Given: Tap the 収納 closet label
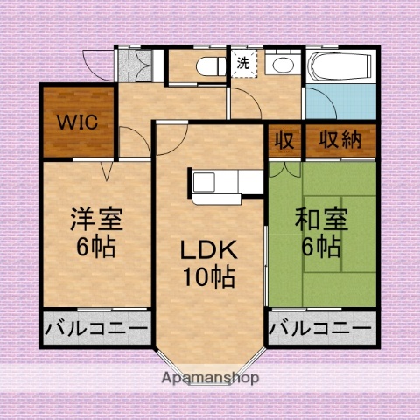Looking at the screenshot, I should point(339,140).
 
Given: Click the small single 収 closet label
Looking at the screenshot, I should point(284,140).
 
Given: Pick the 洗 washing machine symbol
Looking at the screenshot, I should point(242,64).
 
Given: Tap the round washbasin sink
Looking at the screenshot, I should point(283,66).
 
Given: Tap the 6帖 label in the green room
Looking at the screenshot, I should point(320,247).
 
